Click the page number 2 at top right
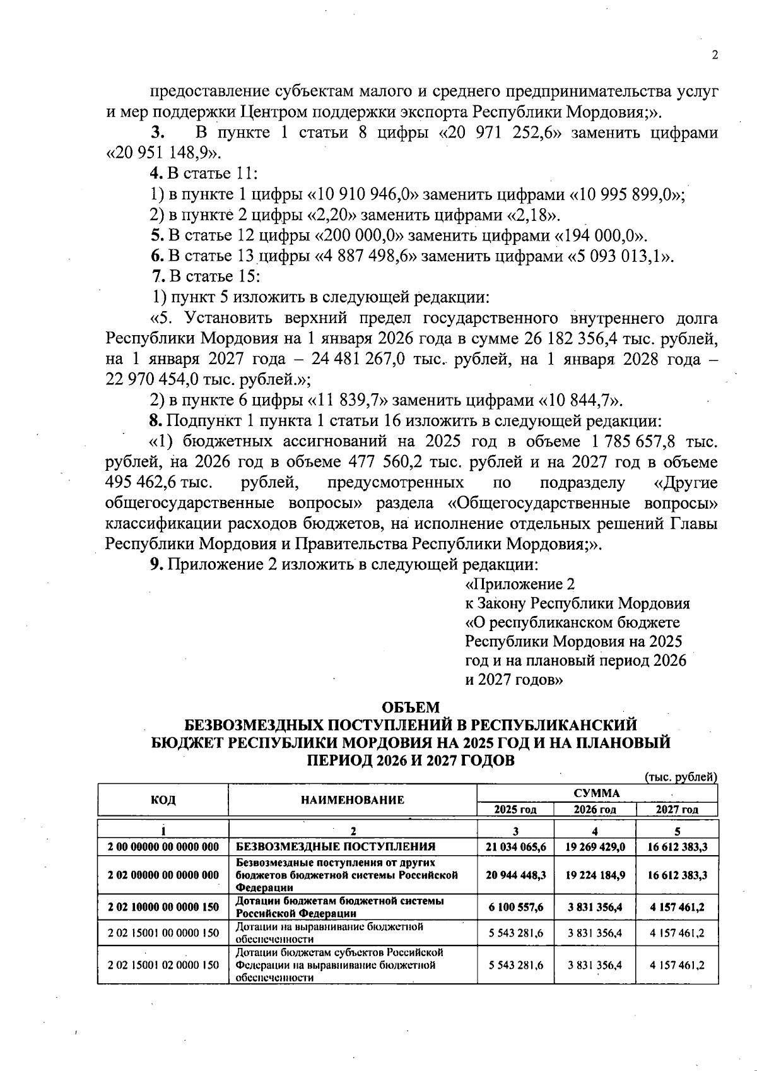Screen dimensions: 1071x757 (x=715, y=56)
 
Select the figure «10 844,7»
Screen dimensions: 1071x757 (x=578, y=401)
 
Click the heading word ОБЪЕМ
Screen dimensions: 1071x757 (x=411, y=707)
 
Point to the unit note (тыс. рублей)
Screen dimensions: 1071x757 (x=681, y=777)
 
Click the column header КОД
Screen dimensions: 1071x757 (x=163, y=800)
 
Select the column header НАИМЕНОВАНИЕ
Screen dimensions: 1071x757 (x=352, y=800)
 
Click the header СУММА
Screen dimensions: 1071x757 (x=597, y=793)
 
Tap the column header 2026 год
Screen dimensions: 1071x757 (x=595, y=810)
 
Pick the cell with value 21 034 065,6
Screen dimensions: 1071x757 (x=515, y=847)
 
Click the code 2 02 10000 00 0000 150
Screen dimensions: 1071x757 (x=163, y=907)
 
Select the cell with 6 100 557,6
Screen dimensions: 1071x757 (x=515, y=907)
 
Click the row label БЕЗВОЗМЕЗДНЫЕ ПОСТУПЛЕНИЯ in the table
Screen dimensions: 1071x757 (x=336, y=847)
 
